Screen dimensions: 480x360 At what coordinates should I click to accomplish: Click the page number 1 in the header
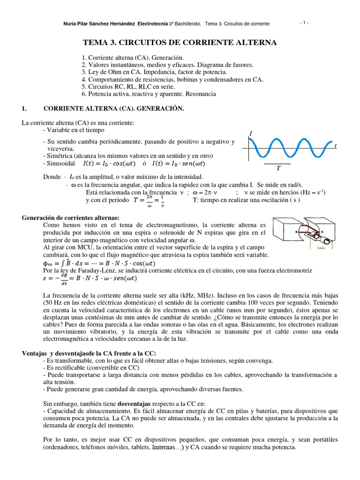(304, 22)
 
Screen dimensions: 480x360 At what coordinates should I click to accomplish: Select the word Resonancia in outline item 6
(199, 94)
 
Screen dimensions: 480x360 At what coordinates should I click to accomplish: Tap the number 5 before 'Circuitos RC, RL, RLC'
(83, 87)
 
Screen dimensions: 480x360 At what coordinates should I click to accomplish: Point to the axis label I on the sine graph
(251, 134)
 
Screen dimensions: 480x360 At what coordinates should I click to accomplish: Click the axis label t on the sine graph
(335, 146)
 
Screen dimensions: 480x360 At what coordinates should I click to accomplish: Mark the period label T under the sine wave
(278, 169)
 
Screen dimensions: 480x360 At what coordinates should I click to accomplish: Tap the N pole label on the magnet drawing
(296, 231)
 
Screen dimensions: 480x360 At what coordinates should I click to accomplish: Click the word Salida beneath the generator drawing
(321, 248)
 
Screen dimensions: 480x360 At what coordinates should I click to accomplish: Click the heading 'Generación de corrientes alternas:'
(71, 218)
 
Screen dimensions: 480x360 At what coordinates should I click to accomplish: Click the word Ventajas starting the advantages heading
(37, 353)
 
